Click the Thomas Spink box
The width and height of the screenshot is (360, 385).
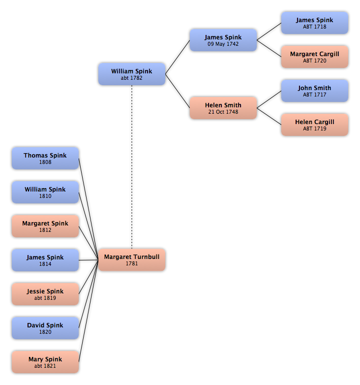click(45, 158)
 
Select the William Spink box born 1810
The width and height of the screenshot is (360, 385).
click(45, 192)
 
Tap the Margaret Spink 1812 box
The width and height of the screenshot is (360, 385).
click(45, 226)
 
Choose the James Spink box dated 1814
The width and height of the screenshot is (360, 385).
click(45, 260)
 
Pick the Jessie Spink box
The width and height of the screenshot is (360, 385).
click(45, 294)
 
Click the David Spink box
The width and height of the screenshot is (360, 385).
click(45, 328)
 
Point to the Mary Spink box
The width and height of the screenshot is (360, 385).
click(45, 362)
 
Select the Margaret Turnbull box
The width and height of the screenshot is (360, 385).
click(132, 260)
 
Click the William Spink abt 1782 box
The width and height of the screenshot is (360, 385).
click(132, 74)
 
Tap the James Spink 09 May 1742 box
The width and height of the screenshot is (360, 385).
click(223, 40)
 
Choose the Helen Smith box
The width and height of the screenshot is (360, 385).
click(223, 108)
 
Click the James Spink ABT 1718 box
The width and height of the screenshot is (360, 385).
click(315, 23)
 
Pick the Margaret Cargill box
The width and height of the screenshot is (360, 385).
click(315, 57)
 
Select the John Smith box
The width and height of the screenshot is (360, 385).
click(315, 91)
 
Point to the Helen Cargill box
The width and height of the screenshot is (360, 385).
click(315, 125)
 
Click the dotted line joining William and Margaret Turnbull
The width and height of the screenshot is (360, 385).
click(132, 167)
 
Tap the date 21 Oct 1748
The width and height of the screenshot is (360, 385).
click(223, 112)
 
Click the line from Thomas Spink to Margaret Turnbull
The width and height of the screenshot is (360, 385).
click(89, 209)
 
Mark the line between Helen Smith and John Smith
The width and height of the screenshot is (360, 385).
click(269, 99)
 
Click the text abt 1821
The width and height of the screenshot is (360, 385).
click(45, 366)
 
